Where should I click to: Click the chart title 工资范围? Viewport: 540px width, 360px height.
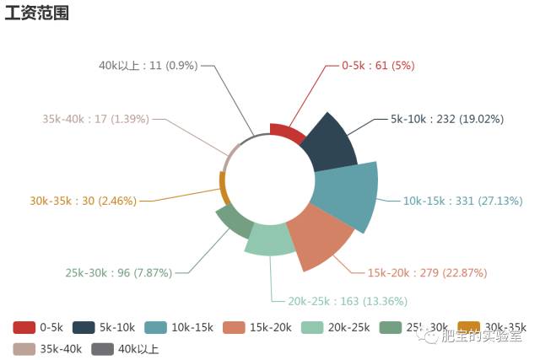(x=36, y=13)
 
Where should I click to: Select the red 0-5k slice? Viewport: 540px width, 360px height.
(x=288, y=132)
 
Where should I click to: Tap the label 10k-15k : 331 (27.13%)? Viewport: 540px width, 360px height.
(x=462, y=201)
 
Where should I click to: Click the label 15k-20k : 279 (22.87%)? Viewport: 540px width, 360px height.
(x=427, y=272)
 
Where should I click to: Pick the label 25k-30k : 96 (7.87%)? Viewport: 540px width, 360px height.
(x=118, y=272)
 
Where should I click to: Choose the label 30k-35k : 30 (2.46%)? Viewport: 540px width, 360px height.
(x=83, y=201)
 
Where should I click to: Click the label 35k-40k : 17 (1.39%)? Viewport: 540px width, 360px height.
(x=95, y=119)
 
